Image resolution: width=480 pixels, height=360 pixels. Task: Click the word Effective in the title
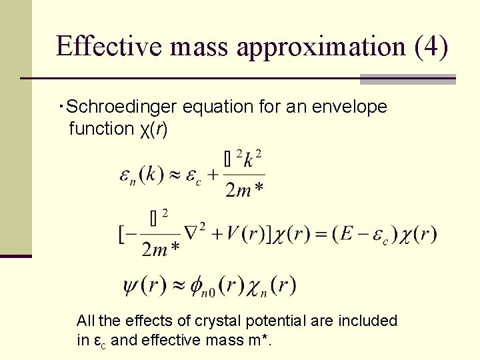coord(109,46)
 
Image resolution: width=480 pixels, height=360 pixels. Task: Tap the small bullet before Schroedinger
coord(61,105)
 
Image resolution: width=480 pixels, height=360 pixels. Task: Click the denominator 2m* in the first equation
coord(244,191)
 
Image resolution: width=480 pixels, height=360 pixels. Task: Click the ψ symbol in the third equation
coord(131,285)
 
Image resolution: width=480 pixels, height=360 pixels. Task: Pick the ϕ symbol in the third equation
coord(198,285)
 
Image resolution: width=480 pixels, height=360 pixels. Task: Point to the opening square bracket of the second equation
coord(122,235)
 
